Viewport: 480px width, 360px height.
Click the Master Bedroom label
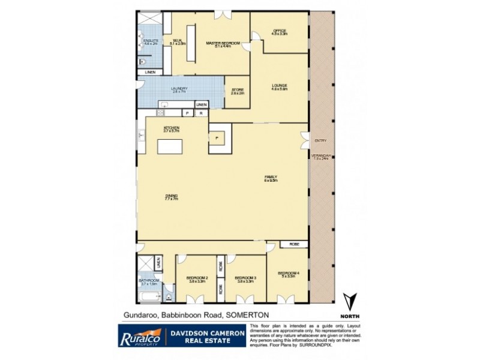click(x=223, y=43)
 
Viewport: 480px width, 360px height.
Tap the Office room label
click(x=280, y=32)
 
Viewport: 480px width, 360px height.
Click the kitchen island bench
click(x=172, y=146)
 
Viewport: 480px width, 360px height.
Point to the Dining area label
click(x=172, y=197)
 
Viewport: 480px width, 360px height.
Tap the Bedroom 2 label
click(x=196, y=279)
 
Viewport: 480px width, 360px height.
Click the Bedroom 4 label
click(x=287, y=275)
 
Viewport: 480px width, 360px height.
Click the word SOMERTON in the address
click(x=246, y=315)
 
